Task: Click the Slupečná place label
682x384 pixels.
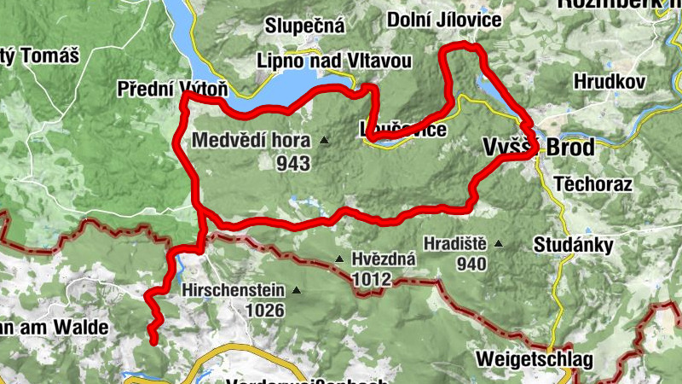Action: (x=304, y=26)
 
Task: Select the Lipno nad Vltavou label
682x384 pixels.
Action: (x=335, y=61)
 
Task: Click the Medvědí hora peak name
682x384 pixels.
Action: (x=252, y=140)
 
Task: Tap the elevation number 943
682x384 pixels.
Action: (x=293, y=161)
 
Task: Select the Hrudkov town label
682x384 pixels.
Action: (x=610, y=81)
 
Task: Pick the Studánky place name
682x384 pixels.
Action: (x=573, y=246)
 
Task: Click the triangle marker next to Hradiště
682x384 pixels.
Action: (x=499, y=244)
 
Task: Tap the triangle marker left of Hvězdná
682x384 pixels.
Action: (x=339, y=259)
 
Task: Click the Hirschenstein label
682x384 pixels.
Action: (x=233, y=290)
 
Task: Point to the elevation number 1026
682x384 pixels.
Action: (x=264, y=311)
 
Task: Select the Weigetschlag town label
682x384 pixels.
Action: (x=535, y=358)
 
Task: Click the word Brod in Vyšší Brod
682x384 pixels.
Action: (x=569, y=147)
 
